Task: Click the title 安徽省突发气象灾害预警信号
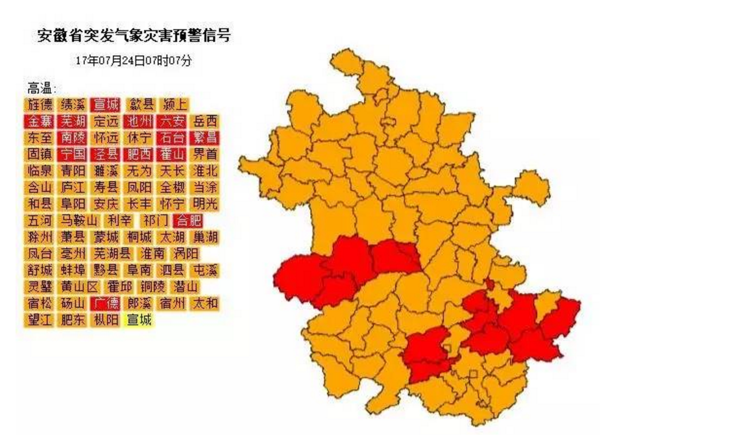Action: pyautogui.click(x=134, y=36)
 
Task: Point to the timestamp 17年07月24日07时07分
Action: pyautogui.click(x=134, y=61)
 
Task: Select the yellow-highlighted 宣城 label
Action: pyautogui.click(x=139, y=320)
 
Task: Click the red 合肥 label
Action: pyautogui.click(x=189, y=221)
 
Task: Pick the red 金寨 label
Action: pyautogui.click(x=40, y=121)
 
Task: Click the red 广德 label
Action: pyautogui.click(x=104, y=303)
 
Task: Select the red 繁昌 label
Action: pyautogui.click(x=206, y=138)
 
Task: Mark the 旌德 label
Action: pyautogui.click(x=40, y=105)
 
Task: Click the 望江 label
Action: pyautogui.click(x=40, y=320)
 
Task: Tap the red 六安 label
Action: pyautogui.click(x=173, y=121)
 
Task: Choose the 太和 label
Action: pyautogui.click(x=206, y=303)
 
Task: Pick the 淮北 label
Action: pyautogui.click(x=206, y=171)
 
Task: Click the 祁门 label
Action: pyautogui.click(x=156, y=221)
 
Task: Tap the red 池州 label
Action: pyautogui.click(x=139, y=121)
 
